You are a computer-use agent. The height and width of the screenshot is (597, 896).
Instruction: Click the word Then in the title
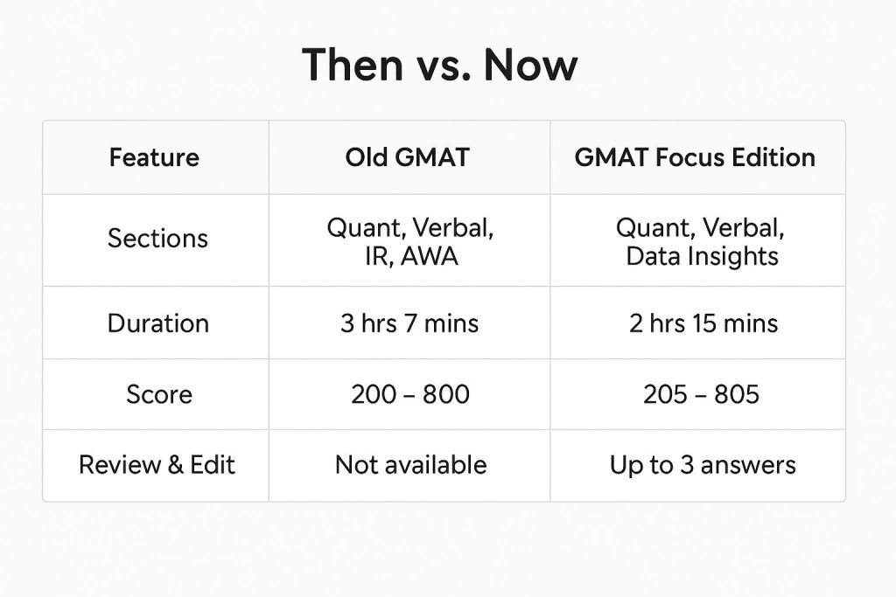click(x=353, y=65)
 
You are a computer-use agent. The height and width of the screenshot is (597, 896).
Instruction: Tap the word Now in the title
click(x=531, y=65)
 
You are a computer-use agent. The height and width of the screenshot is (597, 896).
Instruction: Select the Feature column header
click(x=154, y=157)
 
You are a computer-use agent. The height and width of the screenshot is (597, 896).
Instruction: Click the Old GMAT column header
click(x=408, y=157)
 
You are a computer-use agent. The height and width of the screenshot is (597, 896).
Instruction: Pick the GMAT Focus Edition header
click(x=695, y=157)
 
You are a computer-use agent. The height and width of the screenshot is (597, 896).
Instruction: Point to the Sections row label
click(x=157, y=239)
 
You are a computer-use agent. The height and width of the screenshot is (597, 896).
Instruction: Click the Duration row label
click(x=158, y=323)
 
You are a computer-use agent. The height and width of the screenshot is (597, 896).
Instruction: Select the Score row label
click(x=159, y=394)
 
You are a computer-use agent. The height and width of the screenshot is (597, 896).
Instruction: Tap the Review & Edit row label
click(x=157, y=465)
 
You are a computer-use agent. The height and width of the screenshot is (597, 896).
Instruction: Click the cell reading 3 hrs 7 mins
click(x=409, y=323)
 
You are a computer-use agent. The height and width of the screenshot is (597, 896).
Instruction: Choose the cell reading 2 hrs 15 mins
click(x=703, y=323)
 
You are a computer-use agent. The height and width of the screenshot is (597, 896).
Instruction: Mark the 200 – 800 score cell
click(x=410, y=394)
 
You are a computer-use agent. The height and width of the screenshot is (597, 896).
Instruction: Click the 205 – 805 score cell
click(x=701, y=394)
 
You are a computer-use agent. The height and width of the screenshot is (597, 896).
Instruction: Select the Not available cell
click(x=411, y=465)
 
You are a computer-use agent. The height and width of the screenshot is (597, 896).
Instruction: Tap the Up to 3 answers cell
click(x=703, y=465)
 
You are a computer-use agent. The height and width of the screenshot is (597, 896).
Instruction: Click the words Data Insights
click(x=703, y=256)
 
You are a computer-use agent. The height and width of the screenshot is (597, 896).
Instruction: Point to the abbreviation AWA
click(x=429, y=256)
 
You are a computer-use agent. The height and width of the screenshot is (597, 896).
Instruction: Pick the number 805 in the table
click(x=737, y=394)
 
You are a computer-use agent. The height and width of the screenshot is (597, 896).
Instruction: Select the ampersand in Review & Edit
click(x=175, y=465)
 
